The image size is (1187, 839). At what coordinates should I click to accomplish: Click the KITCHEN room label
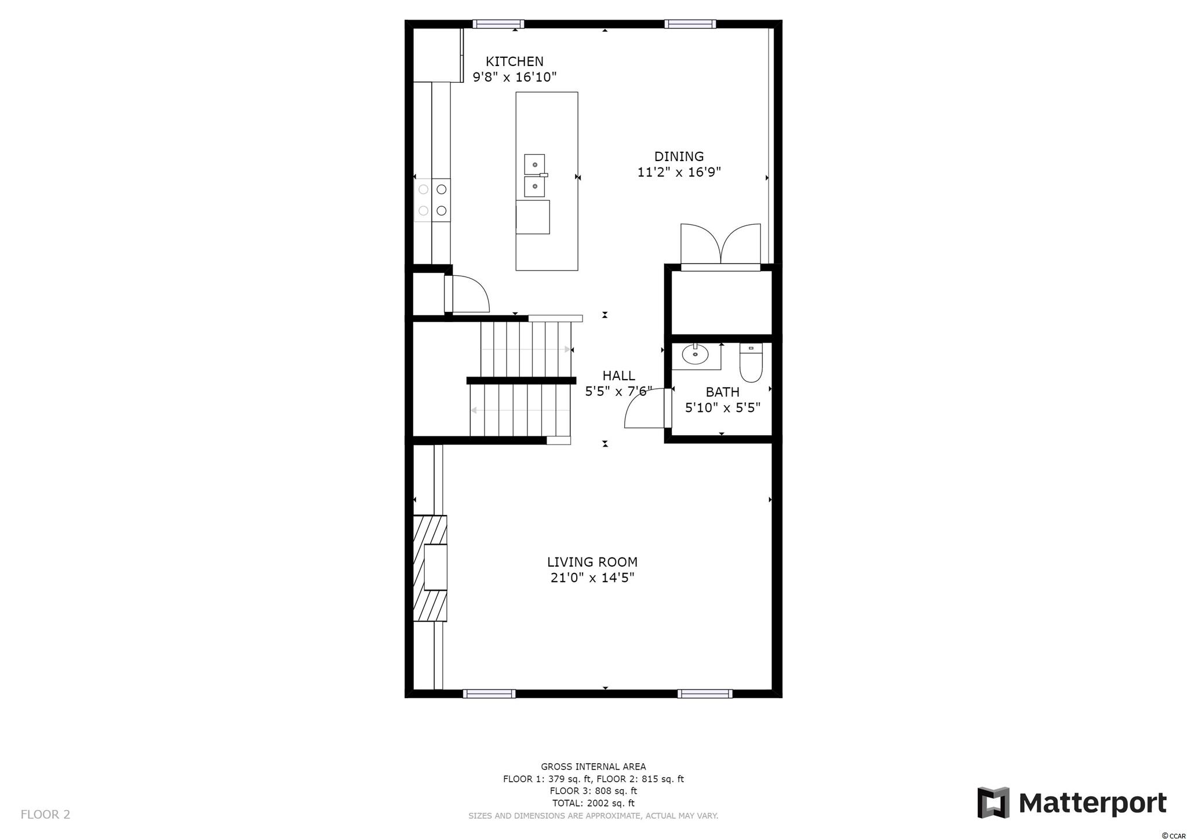coord(515,61)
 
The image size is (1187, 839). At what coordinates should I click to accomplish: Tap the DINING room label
coord(679,156)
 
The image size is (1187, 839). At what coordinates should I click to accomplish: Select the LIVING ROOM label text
coord(592,562)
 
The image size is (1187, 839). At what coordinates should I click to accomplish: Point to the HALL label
coord(618,375)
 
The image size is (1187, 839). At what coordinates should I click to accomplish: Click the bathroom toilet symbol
coord(751,363)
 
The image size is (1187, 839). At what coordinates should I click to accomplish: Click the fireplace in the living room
coord(430,568)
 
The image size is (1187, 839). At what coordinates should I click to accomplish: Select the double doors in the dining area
coord(720,244)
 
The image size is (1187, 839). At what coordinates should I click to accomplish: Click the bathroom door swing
coord(645,408)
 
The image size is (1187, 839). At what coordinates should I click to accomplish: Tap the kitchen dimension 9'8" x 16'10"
coord(515,77)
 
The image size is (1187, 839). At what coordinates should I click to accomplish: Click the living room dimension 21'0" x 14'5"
coord(592,578)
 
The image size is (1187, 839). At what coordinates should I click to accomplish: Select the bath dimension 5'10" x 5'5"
coord(723,407)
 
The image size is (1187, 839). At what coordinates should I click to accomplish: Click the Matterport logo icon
coord(993,803)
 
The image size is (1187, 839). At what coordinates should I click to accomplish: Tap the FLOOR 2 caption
coord(45,815)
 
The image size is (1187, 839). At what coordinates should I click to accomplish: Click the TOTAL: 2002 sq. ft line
coord(593,803)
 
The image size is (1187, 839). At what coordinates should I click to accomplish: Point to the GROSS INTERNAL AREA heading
coord(593,767)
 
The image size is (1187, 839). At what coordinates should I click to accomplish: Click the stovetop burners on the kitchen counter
coord(432,200)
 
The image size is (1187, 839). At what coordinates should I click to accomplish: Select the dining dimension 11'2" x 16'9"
coord(679,172)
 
